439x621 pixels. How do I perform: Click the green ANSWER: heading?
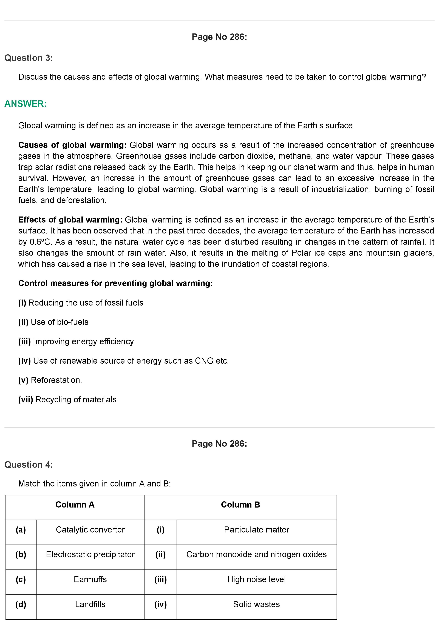[26, 104]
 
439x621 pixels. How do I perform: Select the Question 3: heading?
[29, 58]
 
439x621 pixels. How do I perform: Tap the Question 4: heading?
[29, 465]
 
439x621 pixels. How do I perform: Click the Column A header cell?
[75, 505]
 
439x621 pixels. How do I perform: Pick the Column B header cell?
[240, 505]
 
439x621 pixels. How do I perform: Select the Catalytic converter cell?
[90, 530]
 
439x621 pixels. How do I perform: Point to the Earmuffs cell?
[90, 579]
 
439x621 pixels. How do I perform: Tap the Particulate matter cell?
[256, 530]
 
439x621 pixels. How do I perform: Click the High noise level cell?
[256, 579]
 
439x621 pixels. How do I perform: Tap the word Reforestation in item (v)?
[56, 380]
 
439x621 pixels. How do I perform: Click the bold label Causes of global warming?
[72, 145]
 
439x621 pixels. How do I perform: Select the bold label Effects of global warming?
[70, 220]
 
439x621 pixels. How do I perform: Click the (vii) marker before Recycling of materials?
[26, 400]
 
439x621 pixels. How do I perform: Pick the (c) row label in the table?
[21, 579]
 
